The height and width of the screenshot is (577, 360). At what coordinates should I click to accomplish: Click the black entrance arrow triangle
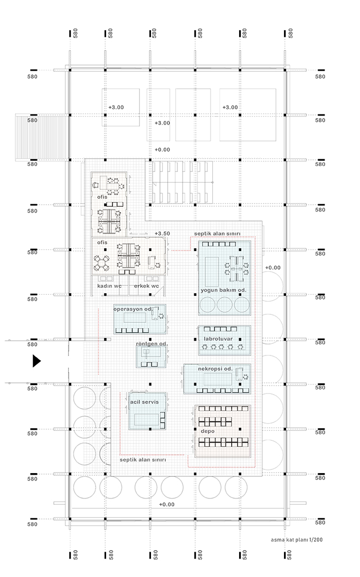coord(36,361)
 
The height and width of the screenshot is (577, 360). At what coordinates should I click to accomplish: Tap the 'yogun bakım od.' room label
coord(223,290)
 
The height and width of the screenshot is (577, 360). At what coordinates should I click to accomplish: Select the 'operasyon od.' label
coord(132,309)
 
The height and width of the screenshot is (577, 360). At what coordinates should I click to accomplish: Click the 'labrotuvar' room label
coord(218,339)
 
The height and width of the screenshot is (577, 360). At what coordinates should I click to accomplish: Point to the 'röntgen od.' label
coord(152,344)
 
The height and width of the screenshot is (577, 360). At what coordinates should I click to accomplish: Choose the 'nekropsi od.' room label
coord(215,369)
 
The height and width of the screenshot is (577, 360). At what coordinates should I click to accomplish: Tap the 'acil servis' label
coord(144,402)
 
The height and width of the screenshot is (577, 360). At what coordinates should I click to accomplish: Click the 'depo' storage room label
coord(207,431)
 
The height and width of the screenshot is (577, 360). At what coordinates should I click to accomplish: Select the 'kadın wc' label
coord(109,286)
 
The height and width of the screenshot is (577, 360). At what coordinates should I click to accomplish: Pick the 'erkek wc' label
coord(146,286)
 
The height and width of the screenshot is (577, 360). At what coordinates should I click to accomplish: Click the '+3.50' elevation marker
coord(162,233)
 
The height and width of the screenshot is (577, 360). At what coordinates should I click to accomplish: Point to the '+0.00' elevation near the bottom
coord(167,505)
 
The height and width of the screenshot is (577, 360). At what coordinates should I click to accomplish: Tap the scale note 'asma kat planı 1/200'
coord(297,540)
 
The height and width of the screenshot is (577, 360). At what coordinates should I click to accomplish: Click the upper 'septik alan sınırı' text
coord(217,234)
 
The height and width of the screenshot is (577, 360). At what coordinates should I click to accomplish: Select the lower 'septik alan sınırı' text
coord(143,460)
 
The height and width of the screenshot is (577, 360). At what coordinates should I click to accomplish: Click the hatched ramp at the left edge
coord(42,137)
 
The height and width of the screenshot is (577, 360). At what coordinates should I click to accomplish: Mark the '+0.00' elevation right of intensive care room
coord(273,267)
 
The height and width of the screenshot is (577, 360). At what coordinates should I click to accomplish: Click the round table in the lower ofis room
coord(101,263)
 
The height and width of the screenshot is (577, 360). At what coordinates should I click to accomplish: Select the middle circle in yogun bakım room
coord(225,305)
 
